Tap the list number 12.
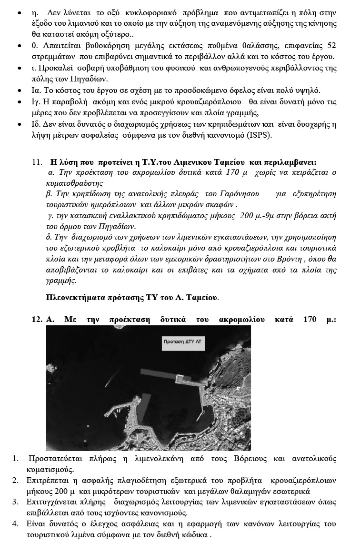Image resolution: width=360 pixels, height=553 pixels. (37, 320)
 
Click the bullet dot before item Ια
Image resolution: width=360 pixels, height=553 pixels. (19, 90)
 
